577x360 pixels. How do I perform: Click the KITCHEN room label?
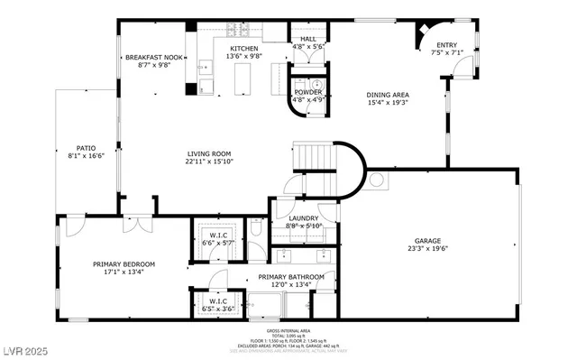243,48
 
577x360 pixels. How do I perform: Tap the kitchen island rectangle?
241,80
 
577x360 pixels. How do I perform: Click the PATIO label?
86,147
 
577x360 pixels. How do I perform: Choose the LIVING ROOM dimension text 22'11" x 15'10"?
209,162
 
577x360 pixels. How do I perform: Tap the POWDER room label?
308,92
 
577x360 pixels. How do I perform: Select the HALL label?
308,39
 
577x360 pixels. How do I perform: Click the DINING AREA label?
388,94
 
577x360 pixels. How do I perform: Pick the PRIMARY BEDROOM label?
124,264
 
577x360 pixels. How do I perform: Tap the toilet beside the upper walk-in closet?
257,233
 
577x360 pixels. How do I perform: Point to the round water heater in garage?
376,179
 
